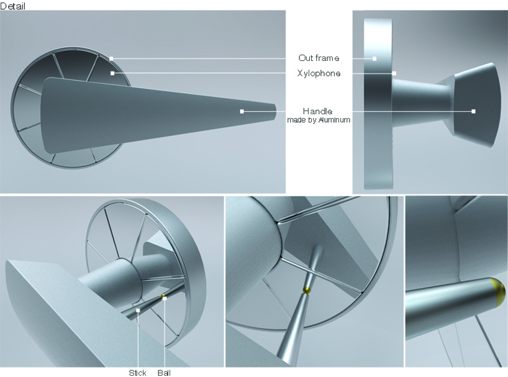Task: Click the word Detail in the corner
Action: click(x=12, y=6)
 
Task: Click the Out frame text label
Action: click(x=319, y=58)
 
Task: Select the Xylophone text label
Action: click(x=319, y=73)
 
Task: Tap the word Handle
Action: click(x=317, y=111)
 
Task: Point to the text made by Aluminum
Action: click(x=319, y=120)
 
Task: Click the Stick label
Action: click(x=137, y=373)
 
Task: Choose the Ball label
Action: click(x=164, y=373)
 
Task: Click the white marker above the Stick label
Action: click(x=138, y=311)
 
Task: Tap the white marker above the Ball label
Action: click(x=165, y=298)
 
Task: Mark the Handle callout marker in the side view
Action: click(x=473, y=111)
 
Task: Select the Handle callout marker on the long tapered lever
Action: click(x=242, y=111)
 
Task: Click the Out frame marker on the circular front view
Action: click(x=111, y=58)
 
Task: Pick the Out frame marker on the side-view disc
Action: click(x=374, y=58)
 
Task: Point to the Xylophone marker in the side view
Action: click(x=394, y=73)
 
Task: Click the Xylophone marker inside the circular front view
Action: click(x=112, y=73)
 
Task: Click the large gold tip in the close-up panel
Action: click(x=498, y=292)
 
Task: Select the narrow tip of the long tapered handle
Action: click(x=274, y=112)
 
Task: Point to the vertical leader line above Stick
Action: click(x=138, y=340)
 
